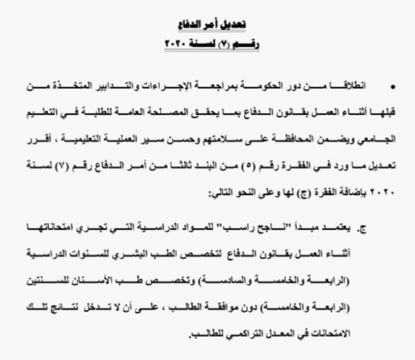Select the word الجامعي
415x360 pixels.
tap(380, 139)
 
